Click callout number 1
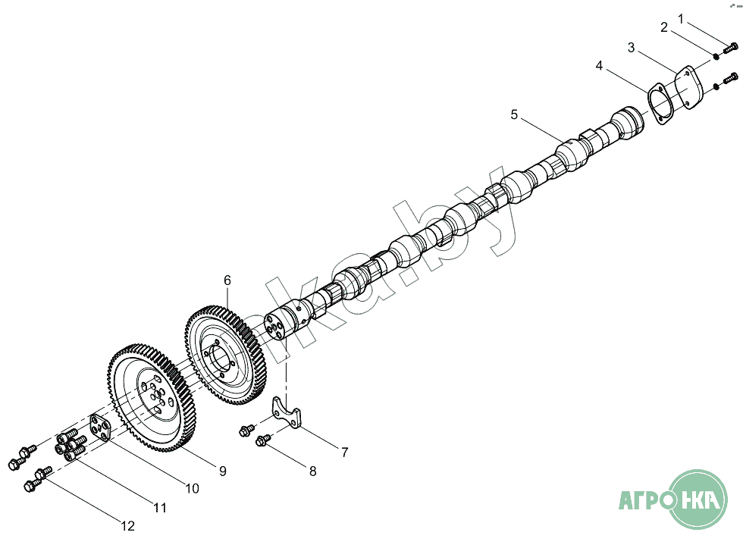click(681, 17)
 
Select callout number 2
click(664, 28)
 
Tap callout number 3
click(631, 48)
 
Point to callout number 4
click(599, 66)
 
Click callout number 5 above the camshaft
click(514, 114)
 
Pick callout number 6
click(227, 280)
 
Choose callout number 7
click(344, 453)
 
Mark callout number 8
click(312, 471)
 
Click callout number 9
click(222, 471)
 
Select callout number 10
click(192, 489)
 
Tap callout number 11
click(159, 507)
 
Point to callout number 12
click(127, 525)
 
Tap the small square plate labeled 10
click(101, 430)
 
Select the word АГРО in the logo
click(644, 502)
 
